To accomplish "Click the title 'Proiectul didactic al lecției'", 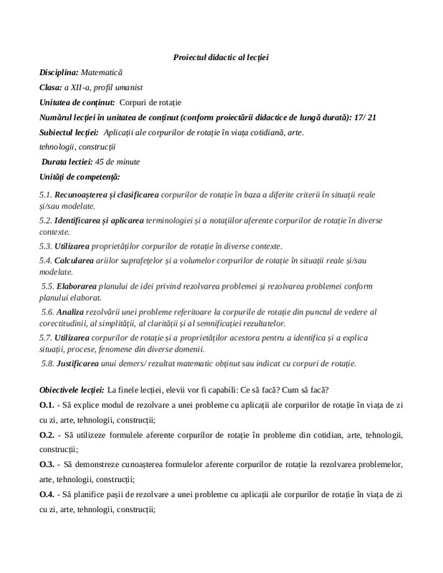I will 221,57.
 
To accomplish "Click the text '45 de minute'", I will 117,161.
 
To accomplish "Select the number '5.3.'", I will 46,246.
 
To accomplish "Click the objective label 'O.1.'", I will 47,405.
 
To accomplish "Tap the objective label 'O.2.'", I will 47,435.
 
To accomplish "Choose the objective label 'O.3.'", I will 47,465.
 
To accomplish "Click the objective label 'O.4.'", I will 47,494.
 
